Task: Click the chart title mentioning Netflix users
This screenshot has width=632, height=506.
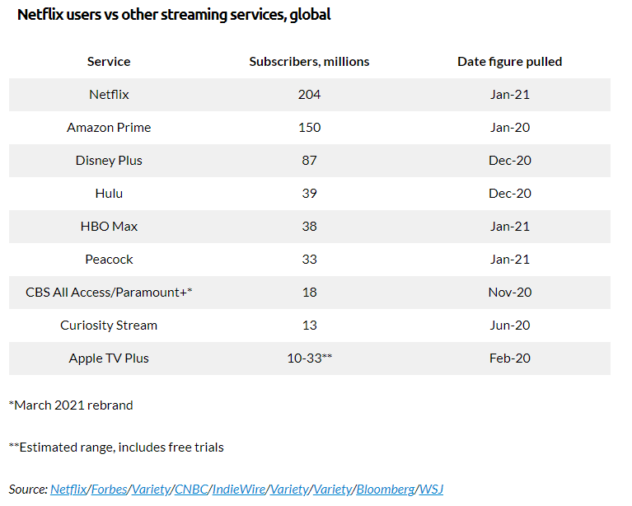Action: click(x=174, y=16)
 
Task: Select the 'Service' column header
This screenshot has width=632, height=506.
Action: click(x=109, y=62)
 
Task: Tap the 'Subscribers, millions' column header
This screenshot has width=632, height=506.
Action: click(x=309, y=62)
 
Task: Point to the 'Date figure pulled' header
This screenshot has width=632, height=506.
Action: click(x=509, y=62)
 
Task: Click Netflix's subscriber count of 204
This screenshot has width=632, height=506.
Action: click(x=309, y=95)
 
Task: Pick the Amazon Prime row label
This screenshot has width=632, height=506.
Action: click(x=109, y=128)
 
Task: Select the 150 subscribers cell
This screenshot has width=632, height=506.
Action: click(x=309, y=128)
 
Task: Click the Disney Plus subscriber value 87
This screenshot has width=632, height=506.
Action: click(x=309, y=161)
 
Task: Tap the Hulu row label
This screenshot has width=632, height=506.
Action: click(x=109, y=194)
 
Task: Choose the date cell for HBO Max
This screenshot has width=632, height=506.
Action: click(x=509, y=227)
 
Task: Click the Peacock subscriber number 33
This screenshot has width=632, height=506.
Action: click(x=309, y=260)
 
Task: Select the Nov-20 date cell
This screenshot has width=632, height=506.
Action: click(x=509, y=293)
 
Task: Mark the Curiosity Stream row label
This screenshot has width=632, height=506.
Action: click(x=109, y=326)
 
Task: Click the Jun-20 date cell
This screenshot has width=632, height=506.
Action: click(x=509, y=326)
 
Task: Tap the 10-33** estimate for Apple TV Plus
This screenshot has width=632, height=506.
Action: click(x=309, y=358)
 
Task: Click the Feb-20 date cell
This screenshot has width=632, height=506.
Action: click(x=509, y=358)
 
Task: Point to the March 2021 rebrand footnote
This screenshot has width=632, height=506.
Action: click(x=71, y=405)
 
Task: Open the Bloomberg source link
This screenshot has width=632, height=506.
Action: click(x=385, y=490)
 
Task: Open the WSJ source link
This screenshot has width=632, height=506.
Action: click(x=431, y=490)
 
